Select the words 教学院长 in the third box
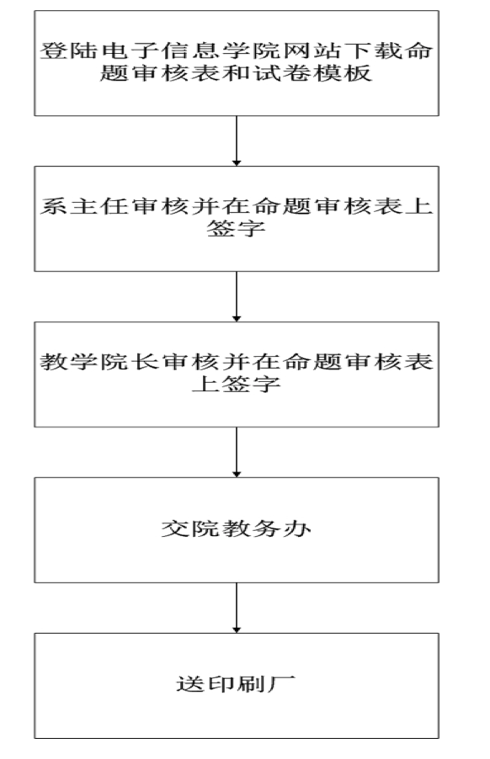(x=99, y=362)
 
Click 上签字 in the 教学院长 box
(x=237, y=385)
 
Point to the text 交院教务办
(x=237, y=528)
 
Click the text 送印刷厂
(x=237, y=684)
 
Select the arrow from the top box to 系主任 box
(x=237, y=141)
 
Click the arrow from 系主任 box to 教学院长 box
(x=237, y=296)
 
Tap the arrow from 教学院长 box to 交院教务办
(x=237, y=452)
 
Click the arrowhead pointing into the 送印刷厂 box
(x=237, y=629)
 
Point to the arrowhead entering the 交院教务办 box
(x=237, y=475)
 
